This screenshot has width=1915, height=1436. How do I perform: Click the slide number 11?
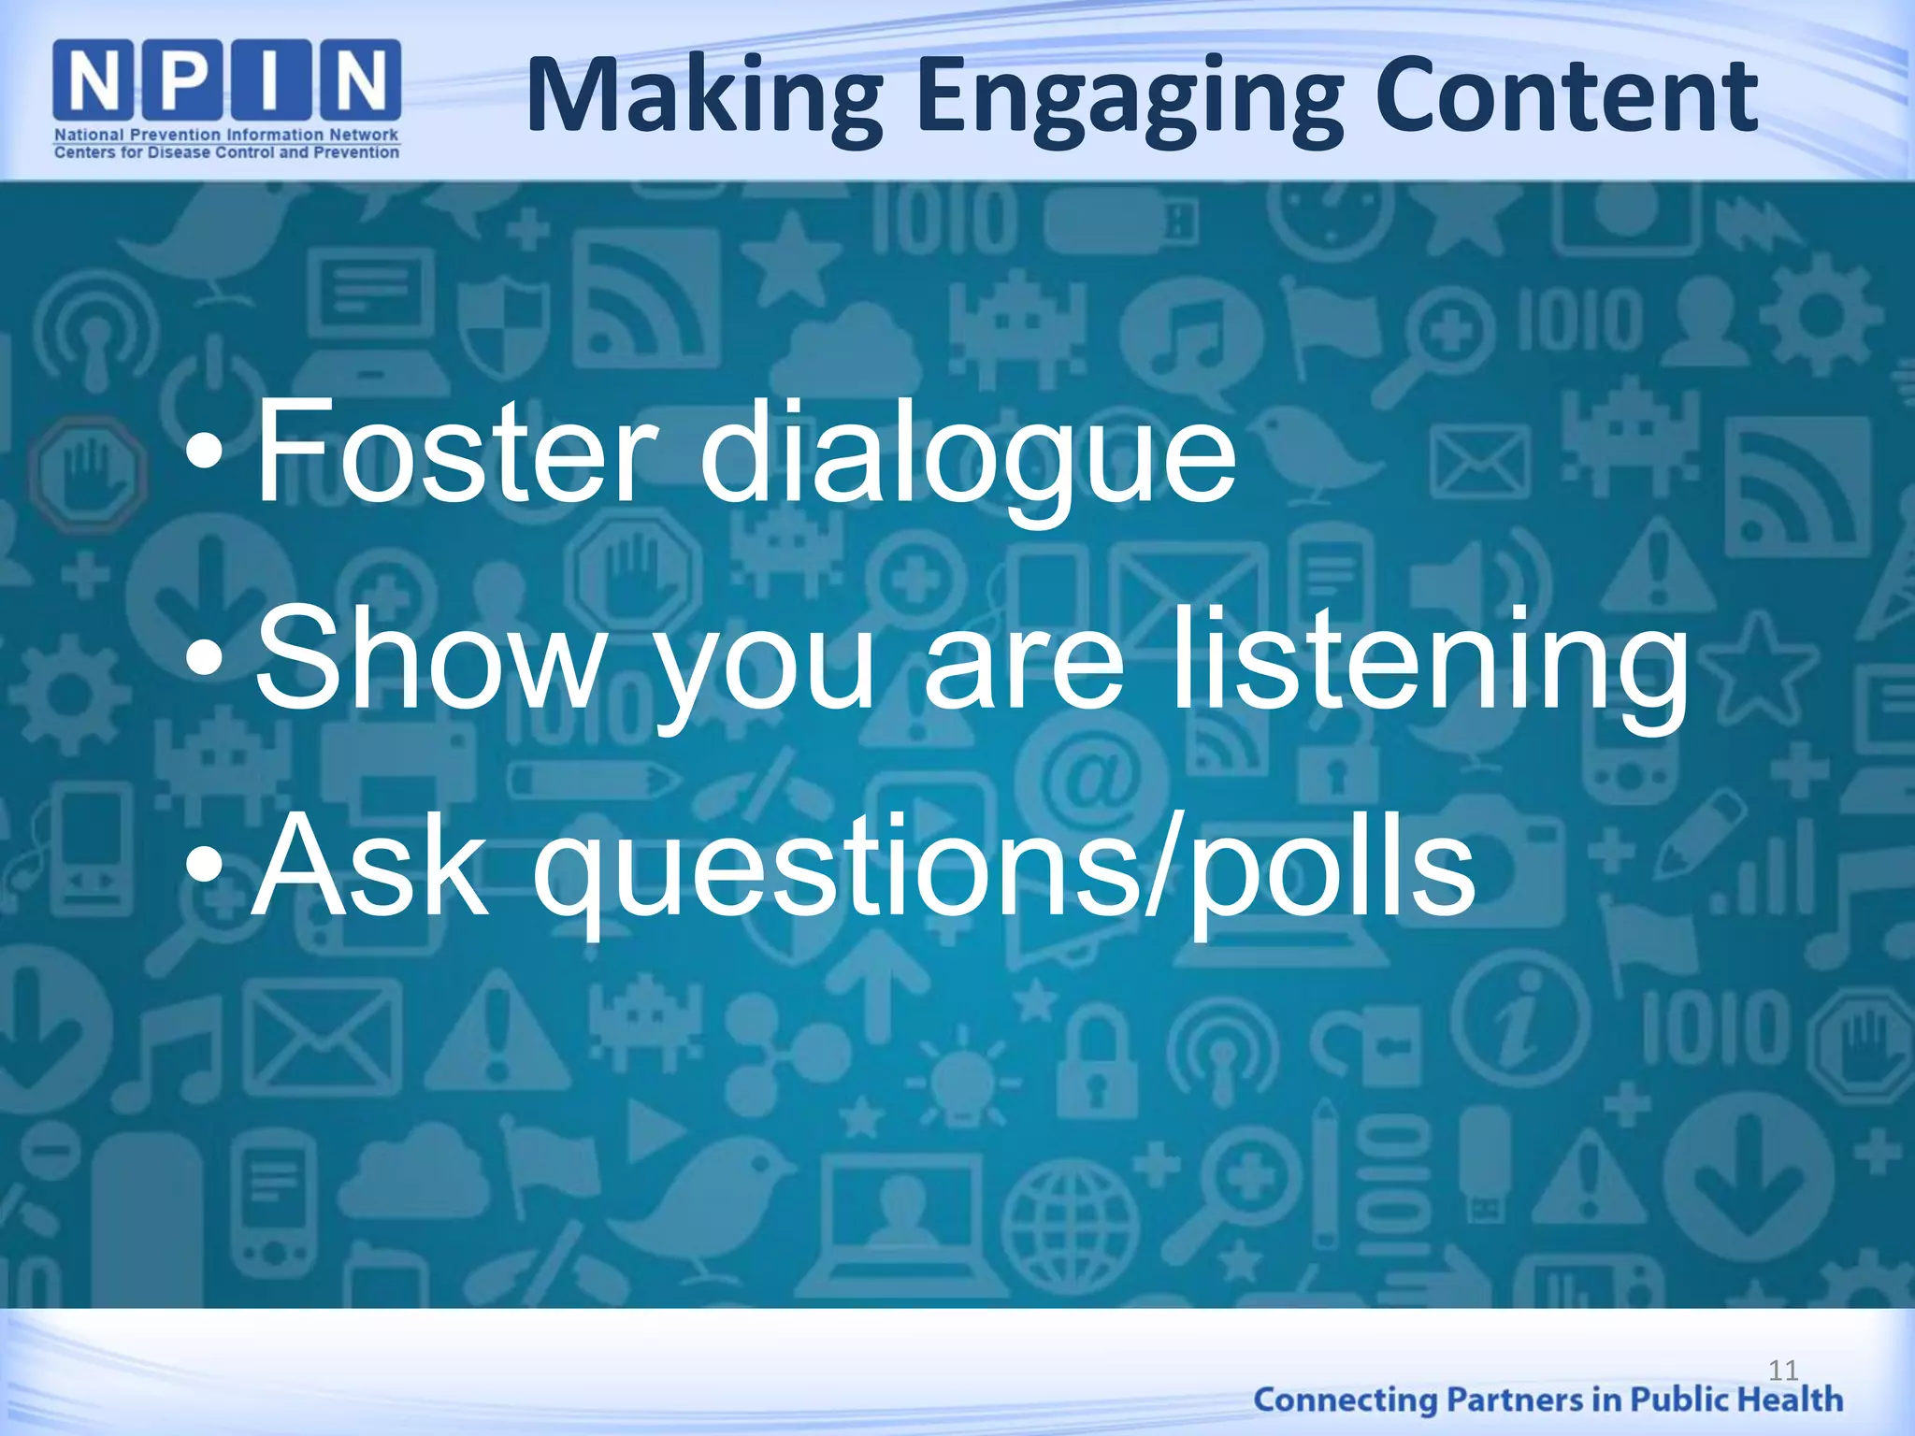pyautogui.click(x=1783, y=1371)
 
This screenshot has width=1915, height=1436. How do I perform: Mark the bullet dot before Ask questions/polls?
pyautogui.click(x=205, y=867)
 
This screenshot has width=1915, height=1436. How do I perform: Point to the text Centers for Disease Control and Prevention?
pyautogui.click(x=226, y=152)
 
